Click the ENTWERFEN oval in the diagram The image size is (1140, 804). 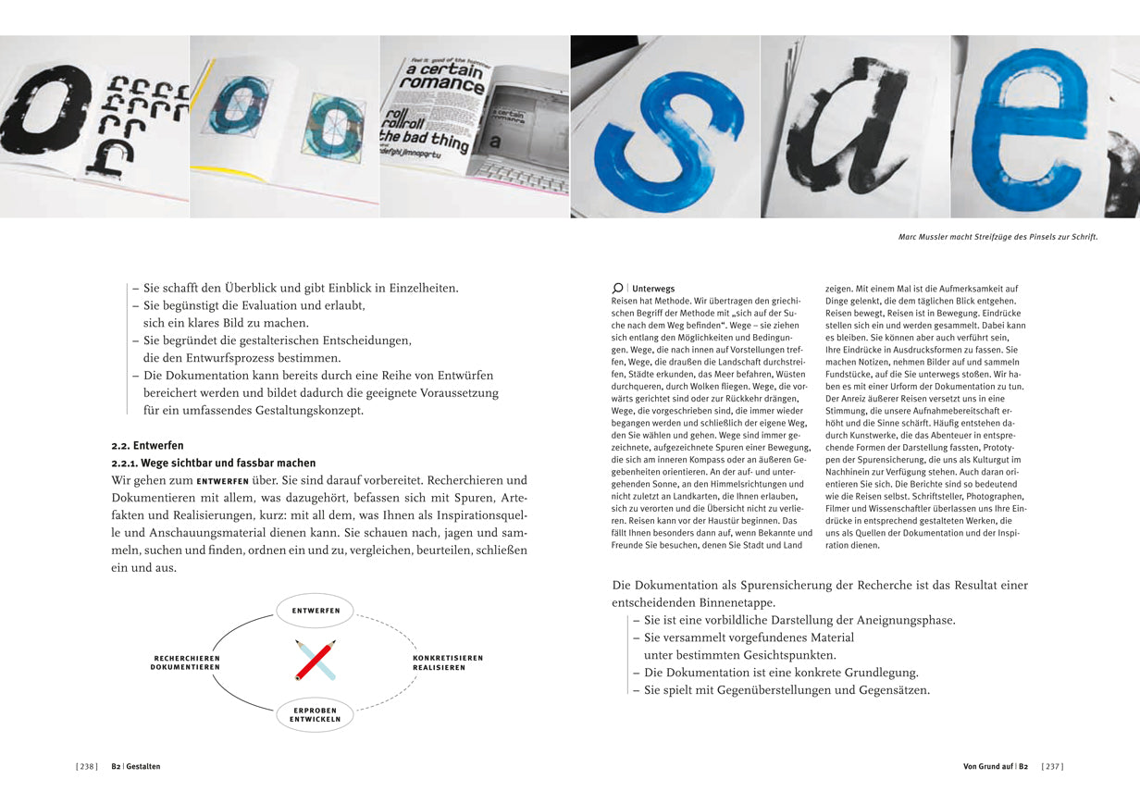316,611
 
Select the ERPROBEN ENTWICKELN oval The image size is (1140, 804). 316,714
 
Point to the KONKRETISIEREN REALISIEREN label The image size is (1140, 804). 448,662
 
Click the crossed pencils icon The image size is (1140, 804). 316,660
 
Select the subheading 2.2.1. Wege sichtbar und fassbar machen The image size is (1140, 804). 213,463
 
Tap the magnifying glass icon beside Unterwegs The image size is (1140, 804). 617,289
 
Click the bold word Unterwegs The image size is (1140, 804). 653,289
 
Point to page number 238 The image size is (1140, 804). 87,766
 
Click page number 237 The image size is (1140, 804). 1052,766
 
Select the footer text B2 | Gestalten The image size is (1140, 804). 136,766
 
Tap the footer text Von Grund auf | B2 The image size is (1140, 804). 996,766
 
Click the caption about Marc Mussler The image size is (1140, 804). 997,237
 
